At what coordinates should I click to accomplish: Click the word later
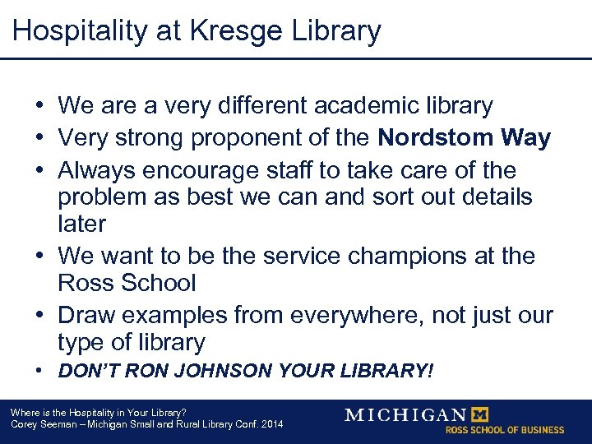coord(82,224)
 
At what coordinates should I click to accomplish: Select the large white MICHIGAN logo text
coord(405,414)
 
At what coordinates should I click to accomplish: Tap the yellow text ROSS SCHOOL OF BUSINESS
coord(505,429)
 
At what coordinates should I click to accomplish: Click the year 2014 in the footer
coord(270,424)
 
